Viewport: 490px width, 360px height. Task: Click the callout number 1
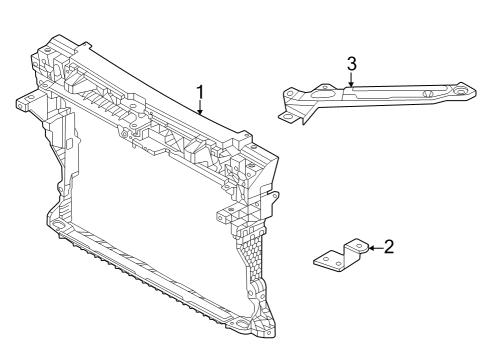200,92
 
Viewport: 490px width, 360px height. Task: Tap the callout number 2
389,247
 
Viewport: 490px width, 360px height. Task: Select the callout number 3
351,64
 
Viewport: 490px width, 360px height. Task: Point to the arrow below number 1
200,108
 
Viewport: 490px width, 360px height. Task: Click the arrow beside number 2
376,248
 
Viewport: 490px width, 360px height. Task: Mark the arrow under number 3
351,79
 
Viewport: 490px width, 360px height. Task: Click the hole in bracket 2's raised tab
359,246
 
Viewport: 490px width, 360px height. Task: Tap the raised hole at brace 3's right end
461,91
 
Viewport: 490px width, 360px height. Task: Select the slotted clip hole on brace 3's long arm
428,94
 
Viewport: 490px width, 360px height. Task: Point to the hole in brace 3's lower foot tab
287,117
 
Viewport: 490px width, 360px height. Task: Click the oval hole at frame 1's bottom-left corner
56,224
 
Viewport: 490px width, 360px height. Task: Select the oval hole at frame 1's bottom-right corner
241,323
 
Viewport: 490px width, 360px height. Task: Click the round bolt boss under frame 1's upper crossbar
124,135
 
